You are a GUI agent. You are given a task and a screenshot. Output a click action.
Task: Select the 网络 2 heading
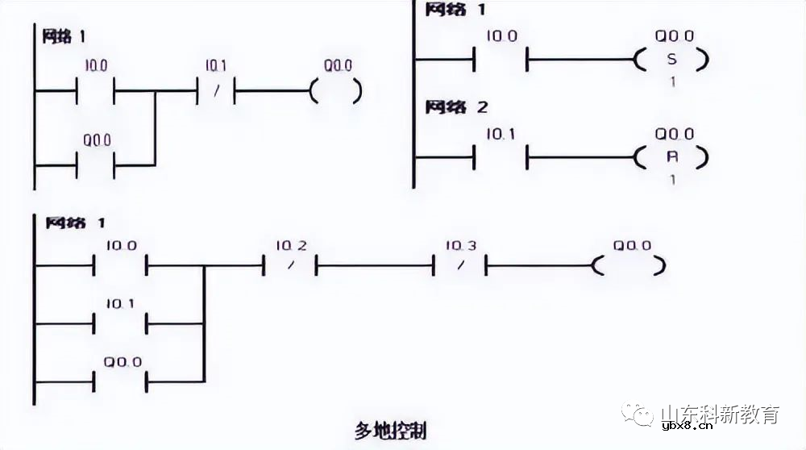pos(457,107)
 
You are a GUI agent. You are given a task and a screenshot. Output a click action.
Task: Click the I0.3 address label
pos(460,245)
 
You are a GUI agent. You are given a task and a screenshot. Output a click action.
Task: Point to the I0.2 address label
pos(291,245)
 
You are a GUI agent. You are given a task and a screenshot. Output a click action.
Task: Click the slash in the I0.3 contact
pos(460,265)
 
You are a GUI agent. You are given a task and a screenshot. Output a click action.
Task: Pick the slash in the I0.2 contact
pos(290,265)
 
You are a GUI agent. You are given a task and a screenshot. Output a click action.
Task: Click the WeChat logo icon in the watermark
pos(642,415)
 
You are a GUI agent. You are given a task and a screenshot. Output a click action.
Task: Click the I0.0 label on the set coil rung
pos(501,36)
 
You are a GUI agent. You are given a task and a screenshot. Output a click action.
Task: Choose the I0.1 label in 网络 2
pos(501,134)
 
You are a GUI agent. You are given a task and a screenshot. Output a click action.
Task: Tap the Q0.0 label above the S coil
pos(674,36)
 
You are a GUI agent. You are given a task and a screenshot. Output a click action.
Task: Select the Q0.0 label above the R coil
pos(674,134)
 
